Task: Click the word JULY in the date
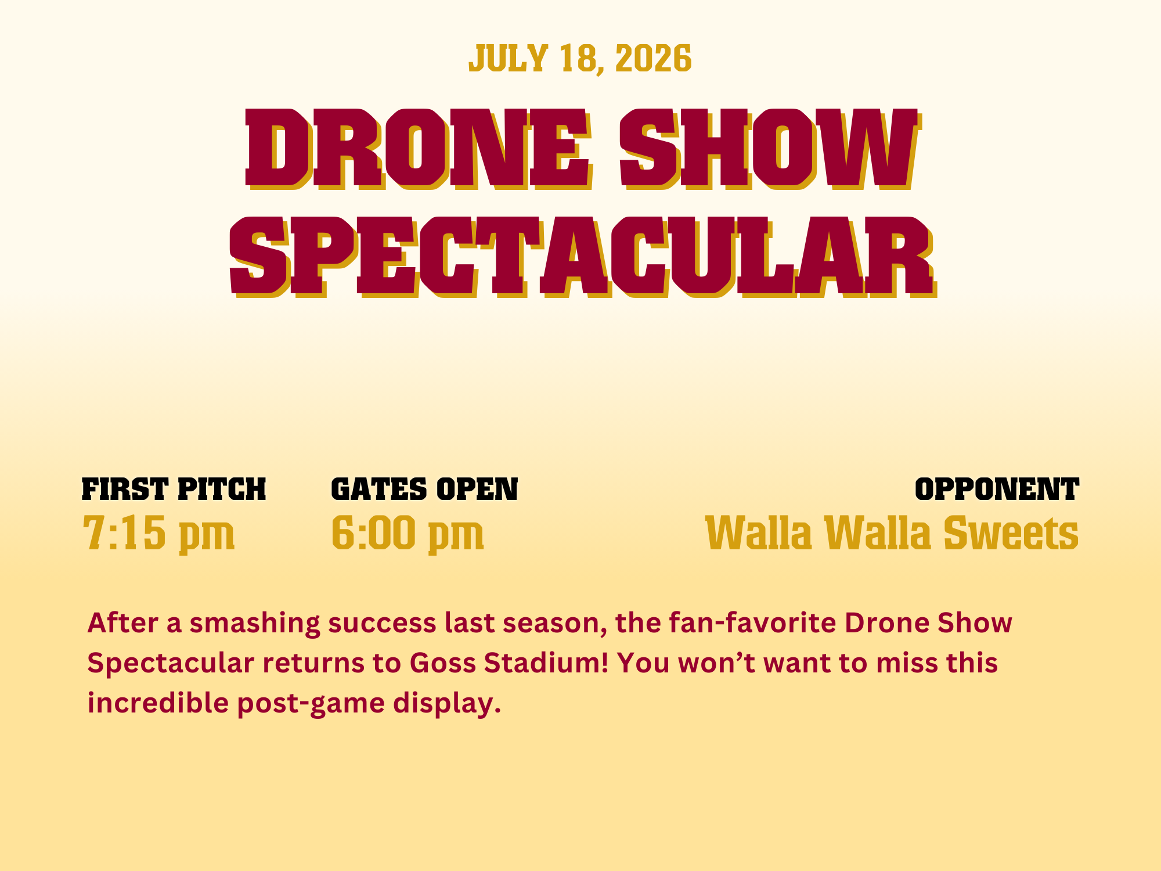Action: pos(508,59)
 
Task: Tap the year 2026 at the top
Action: pos(653,59)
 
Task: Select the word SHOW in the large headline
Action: pos(770,149)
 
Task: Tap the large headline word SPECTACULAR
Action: pos(583,257)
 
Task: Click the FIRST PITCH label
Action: pos(174,490)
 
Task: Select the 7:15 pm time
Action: pos(158,534)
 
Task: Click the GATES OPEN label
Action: pos(424,490)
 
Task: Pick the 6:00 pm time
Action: pos(408,534)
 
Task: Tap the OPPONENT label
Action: pos(997,490)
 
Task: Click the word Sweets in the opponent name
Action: pos(1011,532)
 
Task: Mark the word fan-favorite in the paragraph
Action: pos(752,623)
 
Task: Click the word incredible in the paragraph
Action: pos(158,703)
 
